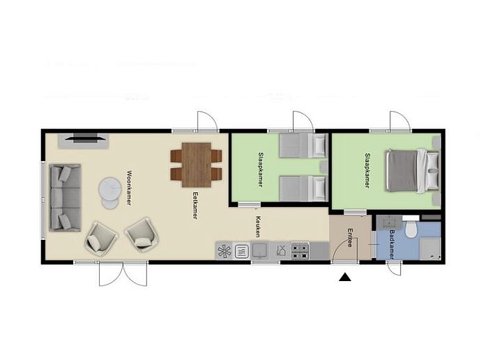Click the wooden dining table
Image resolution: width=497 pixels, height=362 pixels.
(x=196, y=165)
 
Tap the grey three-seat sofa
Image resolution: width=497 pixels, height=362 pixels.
(x=64, y=197)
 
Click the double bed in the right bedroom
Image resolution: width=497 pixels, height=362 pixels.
(x=411, y=171)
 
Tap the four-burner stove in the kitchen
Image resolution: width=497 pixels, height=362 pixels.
(x=300, y=249)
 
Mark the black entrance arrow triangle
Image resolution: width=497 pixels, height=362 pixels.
(x=344, y=278)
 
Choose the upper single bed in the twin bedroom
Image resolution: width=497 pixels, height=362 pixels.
(x=302, y=145)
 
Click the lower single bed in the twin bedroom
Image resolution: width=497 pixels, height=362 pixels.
(x=302, y=188)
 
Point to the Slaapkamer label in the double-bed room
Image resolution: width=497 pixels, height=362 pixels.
(x=367, y=171)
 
